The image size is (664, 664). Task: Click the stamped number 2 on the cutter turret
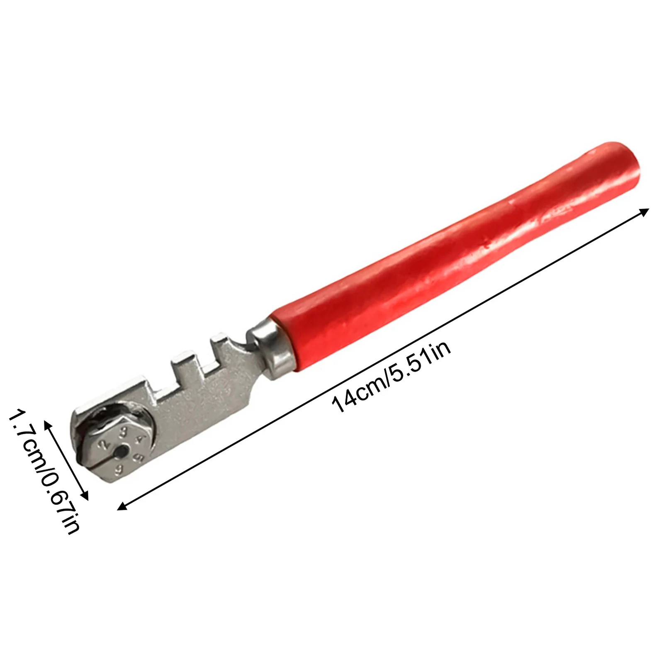tap(104, 444)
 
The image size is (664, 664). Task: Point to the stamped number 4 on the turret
tap(141, 439)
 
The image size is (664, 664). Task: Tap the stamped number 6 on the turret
tap(120, 469)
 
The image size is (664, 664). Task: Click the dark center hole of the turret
tap(121, 451)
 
